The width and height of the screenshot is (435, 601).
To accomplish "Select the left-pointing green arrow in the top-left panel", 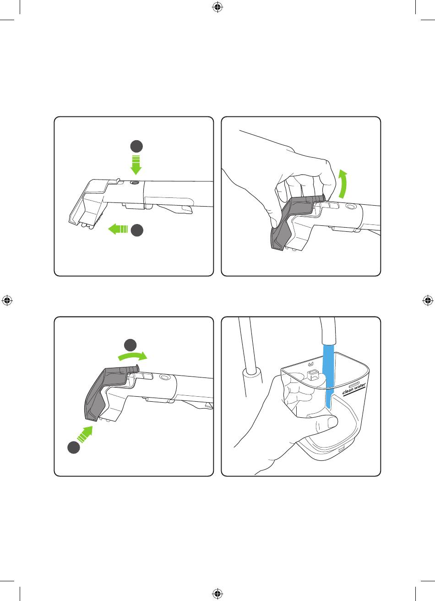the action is tap(118, 229).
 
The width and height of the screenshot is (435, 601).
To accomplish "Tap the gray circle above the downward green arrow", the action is tap(136, 147).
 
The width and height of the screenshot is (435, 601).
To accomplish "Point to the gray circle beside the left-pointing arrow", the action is tap(137, 230).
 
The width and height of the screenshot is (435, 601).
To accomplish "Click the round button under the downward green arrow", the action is tap(134, 183).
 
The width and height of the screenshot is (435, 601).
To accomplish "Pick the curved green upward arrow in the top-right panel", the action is tap(343, 184).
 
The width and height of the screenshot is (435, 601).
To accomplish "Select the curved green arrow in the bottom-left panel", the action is tap(133, 356).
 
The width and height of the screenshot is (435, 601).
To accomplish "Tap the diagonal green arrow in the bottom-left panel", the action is tap(85, 434).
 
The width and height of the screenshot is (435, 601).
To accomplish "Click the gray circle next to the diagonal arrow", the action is tap(74, 448).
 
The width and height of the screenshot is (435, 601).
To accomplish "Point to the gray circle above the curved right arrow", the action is tap(130, 345).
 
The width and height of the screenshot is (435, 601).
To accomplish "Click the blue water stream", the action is tap(328, 376).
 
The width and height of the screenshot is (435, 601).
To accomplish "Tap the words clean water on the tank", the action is tap(354, 389).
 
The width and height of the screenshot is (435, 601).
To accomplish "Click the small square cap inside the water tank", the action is tap(313, 374).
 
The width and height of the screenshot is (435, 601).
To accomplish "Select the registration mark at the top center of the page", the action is tap(217, 7).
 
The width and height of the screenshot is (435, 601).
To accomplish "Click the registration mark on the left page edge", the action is tap(7, 300).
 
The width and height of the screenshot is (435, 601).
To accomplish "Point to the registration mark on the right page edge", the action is tap(428, 300).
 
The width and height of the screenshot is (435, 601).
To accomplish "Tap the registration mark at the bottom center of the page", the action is tap(217, 594).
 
